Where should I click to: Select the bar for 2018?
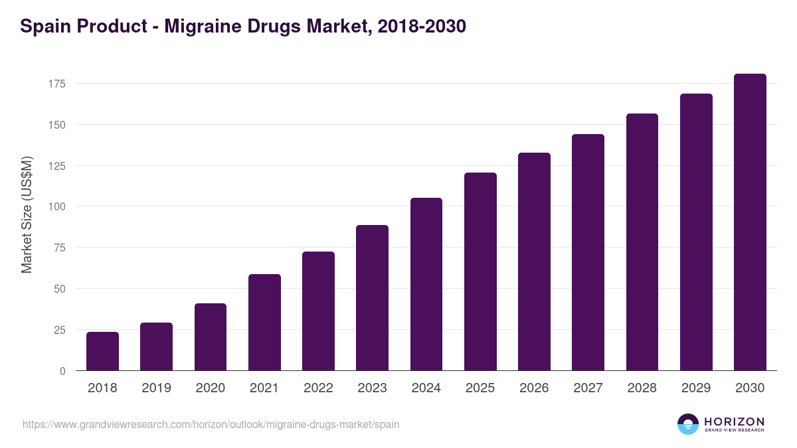(102, 351)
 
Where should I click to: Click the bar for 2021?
(264, 323)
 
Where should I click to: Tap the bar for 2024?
(426, 284)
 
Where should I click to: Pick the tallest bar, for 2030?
(750, 222)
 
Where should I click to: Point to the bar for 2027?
(588, 252)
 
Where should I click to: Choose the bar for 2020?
(211, 337)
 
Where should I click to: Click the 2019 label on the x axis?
(156, 388)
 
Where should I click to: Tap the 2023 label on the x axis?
(372, 388)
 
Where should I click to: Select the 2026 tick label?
(534, 388)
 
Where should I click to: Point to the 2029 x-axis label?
(696, 388)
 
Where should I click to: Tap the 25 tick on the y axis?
(59, 330)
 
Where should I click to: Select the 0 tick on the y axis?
(62, 371)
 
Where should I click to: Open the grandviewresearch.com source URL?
(211, 424)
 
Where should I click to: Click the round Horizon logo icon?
(687, 424)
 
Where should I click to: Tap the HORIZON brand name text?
(734, 421)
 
